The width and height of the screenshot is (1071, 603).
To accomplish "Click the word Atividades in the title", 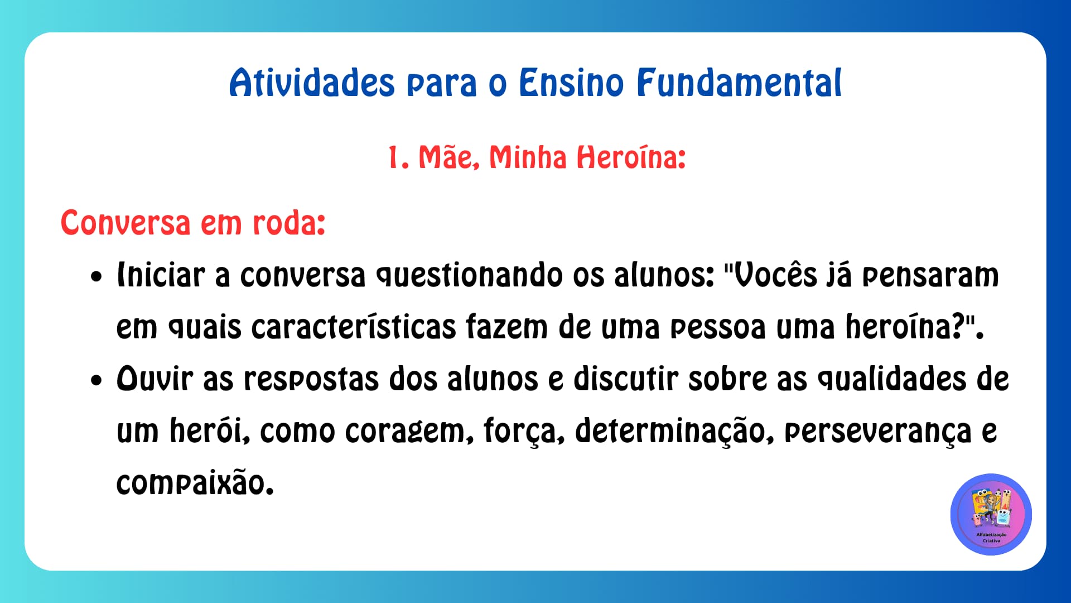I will pos(312,84).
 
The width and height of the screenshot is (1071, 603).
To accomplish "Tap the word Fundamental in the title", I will pos(739,84).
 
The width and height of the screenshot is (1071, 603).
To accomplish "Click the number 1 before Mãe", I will pos(394,158).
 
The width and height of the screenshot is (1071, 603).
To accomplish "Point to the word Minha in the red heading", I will pos(527,158).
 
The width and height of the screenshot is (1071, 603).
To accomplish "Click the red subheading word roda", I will pos(288,223).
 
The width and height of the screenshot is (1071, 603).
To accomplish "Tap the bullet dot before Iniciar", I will pos(97,277).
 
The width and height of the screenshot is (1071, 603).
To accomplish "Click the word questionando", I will pos(469,276).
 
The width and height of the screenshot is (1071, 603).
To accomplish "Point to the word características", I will pos(354,328).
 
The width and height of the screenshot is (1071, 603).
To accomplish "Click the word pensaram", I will pos(930,276).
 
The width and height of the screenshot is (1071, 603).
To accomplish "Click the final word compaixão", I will pos(195,484).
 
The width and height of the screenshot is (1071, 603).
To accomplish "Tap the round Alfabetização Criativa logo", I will pos(991,514).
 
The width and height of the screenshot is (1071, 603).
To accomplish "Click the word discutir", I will pos(625,380).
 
